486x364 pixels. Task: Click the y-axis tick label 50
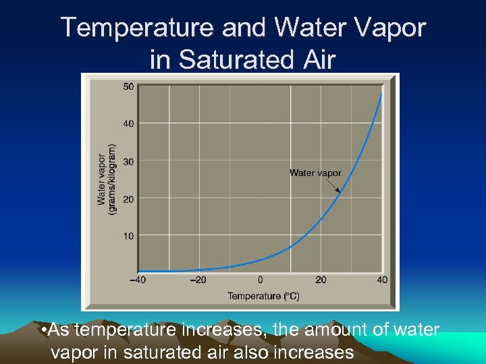(x=128, y=86)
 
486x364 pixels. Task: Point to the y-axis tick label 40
(x=128, y=123)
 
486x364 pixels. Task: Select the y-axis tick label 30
(x=128, y=161)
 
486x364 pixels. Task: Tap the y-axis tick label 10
(x=128, y=236)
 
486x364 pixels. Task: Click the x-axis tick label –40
(x=138, y=280)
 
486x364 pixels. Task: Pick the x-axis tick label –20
(x=198, y=280)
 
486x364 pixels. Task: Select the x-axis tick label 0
(x=260, y=280)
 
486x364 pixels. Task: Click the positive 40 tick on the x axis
(x=383, y=280)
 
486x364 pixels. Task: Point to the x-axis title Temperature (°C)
(x=263, y=296)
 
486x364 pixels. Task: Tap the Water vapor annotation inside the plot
(x=315, y=173)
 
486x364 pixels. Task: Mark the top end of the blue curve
(x=381, y=94)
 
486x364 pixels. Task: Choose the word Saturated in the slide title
(x=233, y=59)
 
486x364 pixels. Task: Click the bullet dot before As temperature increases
(x=43, y=331)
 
